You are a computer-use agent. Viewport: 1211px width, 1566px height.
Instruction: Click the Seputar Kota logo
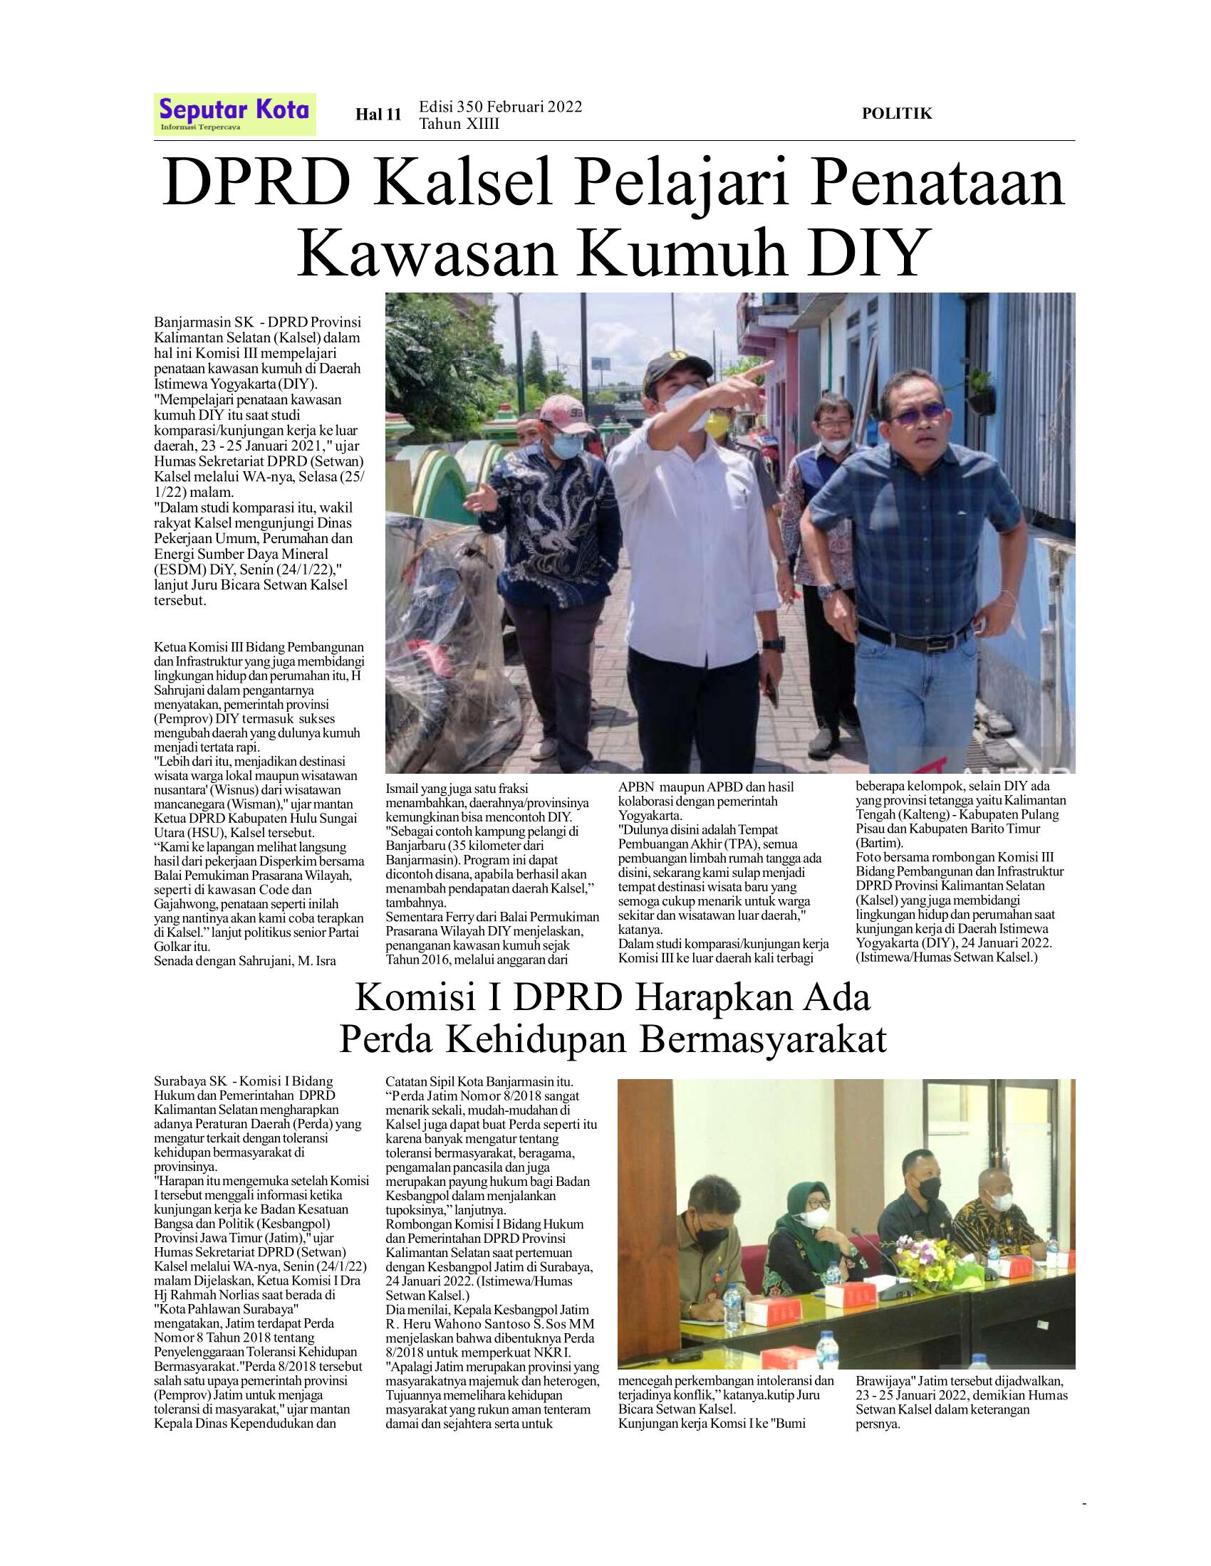coord(234,113)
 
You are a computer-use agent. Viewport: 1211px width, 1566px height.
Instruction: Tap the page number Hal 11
coord(378,115)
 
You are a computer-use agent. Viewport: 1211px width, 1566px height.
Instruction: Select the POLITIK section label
coord(896,113)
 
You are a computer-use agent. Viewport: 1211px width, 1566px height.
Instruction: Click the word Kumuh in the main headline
coord(680,253)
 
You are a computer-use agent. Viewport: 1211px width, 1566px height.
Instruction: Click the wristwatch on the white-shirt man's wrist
coord(774,644)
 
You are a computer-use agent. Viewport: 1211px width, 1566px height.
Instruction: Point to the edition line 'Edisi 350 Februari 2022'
coord(500,107)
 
